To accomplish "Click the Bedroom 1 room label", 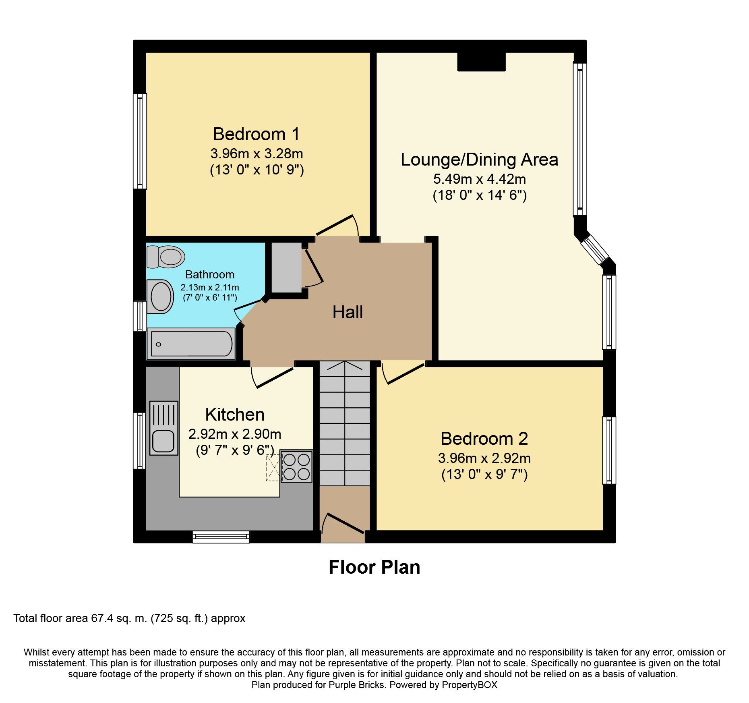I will (x=256, y=134).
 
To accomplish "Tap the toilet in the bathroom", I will (x=166, y=257).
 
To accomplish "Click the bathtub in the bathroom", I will (x=191, y=344).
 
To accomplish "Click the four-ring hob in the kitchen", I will (x=296, y=467).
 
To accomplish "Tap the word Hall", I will (x=348, y=312).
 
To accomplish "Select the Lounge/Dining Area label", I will (x=479, y=160).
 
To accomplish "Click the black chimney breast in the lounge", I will (x=481, y=62).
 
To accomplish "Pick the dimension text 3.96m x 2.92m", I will (x=484, y=458).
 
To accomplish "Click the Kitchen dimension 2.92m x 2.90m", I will (x=235, y=434).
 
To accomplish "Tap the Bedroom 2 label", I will (x=484, y=439).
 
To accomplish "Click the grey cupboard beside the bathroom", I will (x=286, y=268).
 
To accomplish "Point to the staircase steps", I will (x=345, y=423).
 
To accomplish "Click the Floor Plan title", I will (x=374, y=567).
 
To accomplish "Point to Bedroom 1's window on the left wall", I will (x=140, y=141).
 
